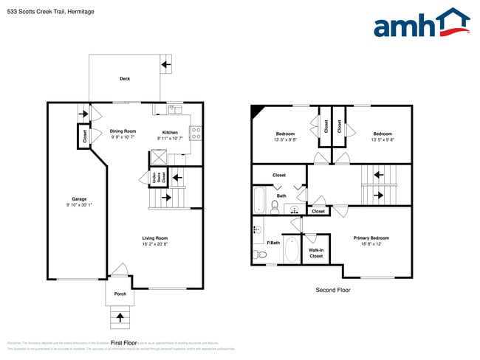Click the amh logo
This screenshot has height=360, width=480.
coord(421,24)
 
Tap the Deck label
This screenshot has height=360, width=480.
coord(125,79)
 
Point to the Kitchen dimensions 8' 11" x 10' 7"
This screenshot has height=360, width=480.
coord(169,139)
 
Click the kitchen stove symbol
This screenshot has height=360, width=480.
coord(196,134)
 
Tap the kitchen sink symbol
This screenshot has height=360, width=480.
coord(175,109)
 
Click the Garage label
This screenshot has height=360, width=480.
coord(79,198)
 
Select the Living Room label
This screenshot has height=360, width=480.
coord(155,238)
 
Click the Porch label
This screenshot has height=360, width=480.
coord(120,294)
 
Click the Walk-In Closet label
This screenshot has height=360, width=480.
coord(316,253)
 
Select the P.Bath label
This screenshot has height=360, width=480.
coord(273,243)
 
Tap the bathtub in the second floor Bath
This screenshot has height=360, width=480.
coord(260,199)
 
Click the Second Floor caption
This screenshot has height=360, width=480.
coord(332,290)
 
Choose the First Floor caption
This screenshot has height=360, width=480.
coord(124,342)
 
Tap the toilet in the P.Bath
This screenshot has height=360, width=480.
coord(259,255)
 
